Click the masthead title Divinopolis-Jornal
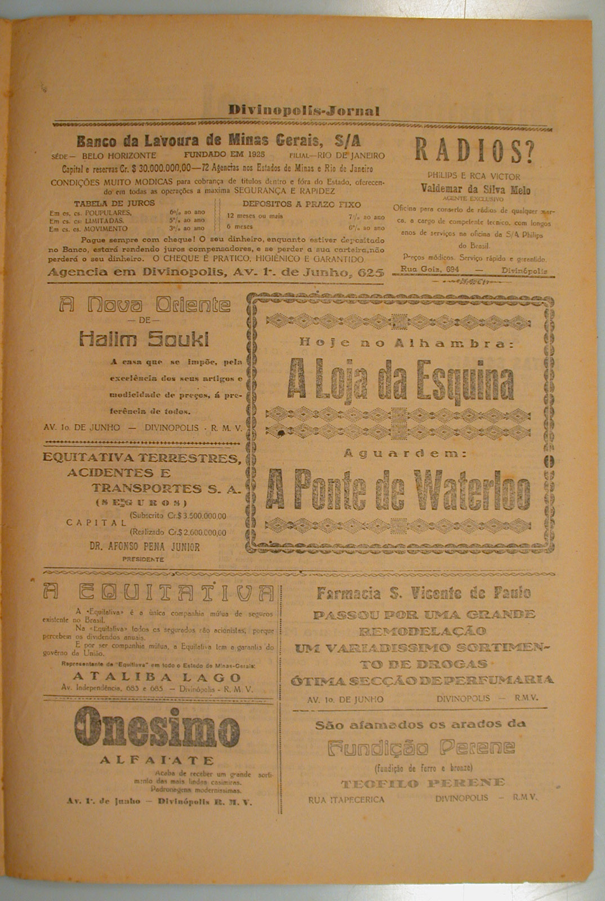(304, 111)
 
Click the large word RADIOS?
(474, 151)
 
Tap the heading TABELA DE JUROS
(114, 203)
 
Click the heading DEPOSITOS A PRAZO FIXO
(301, 204)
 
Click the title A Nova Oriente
(145, 305)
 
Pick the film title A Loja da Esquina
(401, 383)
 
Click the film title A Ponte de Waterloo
(399, 488)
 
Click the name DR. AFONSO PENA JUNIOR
(145, 546)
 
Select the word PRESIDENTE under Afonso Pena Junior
(144, 559)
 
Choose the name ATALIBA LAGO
(157, 677)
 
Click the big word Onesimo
(157, 730)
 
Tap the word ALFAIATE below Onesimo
(157, 760)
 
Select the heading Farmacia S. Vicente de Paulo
(423, 593)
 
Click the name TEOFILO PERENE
(422, 783)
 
